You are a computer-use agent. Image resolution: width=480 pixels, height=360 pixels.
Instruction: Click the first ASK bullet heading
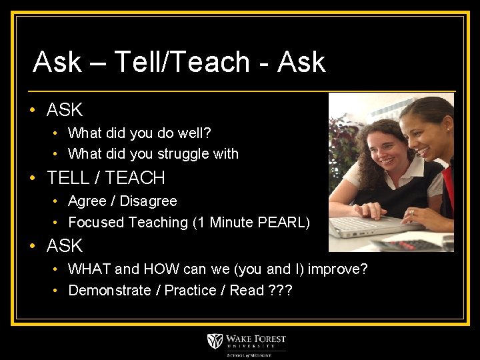[x=65, y=109]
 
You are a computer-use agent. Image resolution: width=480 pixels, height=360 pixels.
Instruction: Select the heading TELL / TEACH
[x=106, y=178]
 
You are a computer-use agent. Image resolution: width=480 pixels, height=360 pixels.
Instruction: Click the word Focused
[x=95, y=223]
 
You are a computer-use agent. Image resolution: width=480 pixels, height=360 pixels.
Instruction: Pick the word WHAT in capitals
[x=90, y=269]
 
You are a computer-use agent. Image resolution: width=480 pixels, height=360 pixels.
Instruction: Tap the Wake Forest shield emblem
[x=215, y=342]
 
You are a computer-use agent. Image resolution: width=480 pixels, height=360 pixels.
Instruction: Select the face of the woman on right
[x=427, y=127]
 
